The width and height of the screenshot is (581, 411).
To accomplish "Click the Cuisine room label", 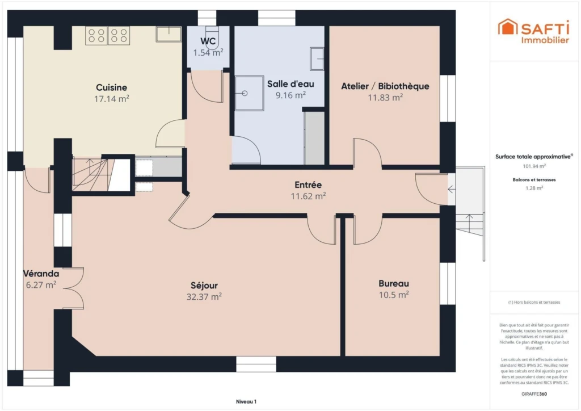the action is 111,87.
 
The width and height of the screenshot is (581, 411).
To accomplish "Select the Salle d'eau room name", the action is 290,84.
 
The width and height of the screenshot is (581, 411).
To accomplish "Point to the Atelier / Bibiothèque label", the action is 385,86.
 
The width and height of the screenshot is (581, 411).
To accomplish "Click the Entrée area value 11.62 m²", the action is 308,196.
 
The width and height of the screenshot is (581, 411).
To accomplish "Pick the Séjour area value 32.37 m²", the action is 204,296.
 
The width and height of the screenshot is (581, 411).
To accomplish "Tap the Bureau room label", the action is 394,283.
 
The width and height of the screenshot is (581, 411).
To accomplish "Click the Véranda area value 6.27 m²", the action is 41,284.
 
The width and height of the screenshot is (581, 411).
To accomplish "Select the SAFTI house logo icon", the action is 507,27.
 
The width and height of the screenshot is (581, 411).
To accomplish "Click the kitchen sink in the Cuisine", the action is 169,34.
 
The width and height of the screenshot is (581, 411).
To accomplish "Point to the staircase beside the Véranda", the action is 91,174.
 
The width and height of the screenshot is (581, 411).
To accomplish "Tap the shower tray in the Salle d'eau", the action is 250,94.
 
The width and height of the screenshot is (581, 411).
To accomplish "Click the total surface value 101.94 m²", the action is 534,166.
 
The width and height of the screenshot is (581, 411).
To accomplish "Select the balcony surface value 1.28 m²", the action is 534,188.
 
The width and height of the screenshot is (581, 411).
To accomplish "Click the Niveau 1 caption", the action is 246,401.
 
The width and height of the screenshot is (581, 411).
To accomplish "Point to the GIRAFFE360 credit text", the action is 534,394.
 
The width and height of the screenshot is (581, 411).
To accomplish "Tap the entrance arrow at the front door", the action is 451,190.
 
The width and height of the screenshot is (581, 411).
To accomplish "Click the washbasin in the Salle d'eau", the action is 317,58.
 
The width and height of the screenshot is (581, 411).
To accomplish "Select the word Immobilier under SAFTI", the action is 545,40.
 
